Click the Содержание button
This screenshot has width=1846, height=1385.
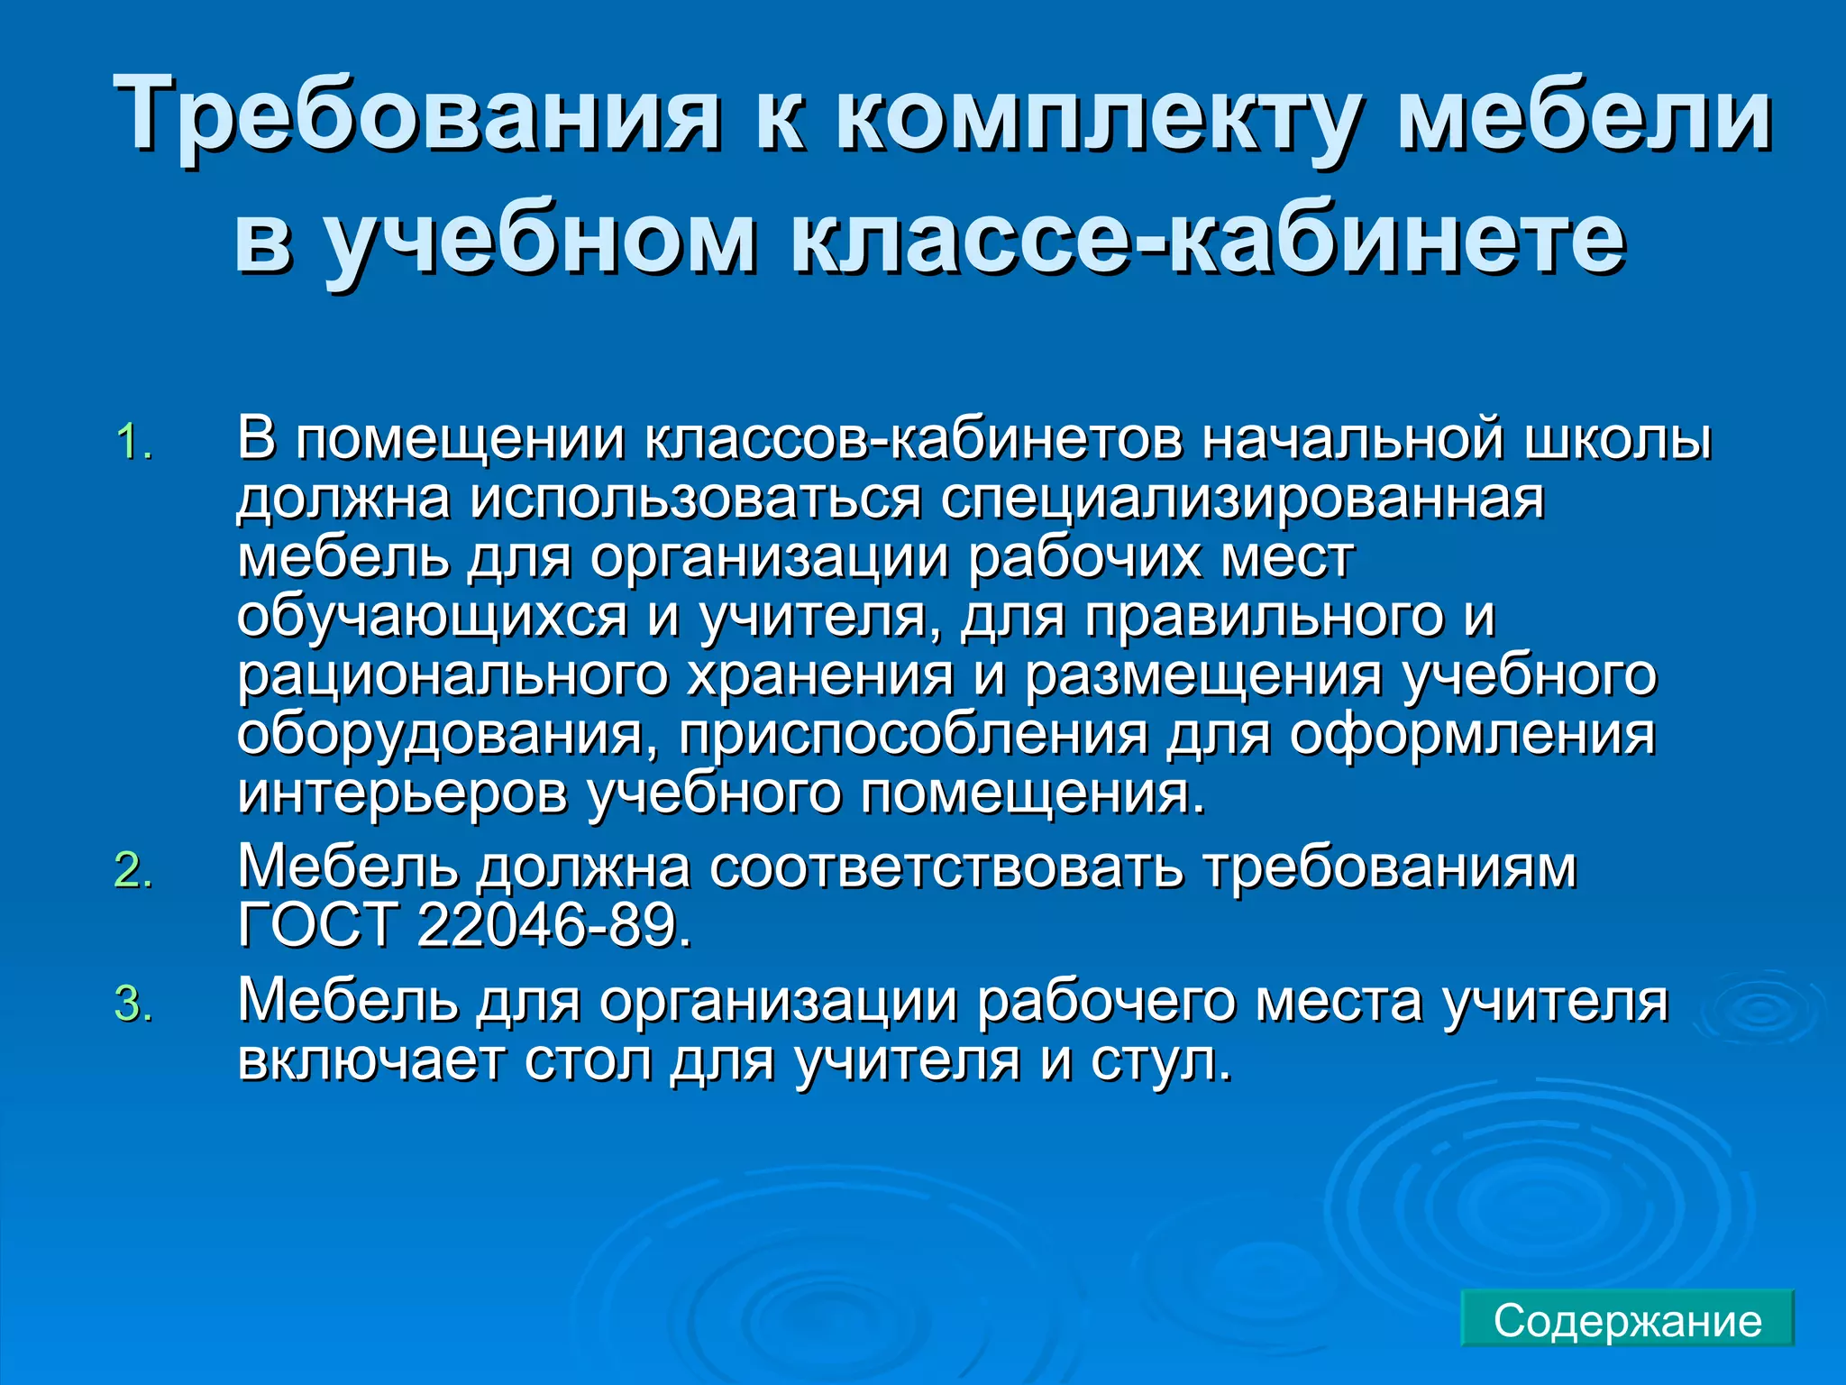point(1627,1320)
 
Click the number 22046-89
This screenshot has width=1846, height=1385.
point(554,925)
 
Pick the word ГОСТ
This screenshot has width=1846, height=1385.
point(317,925)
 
